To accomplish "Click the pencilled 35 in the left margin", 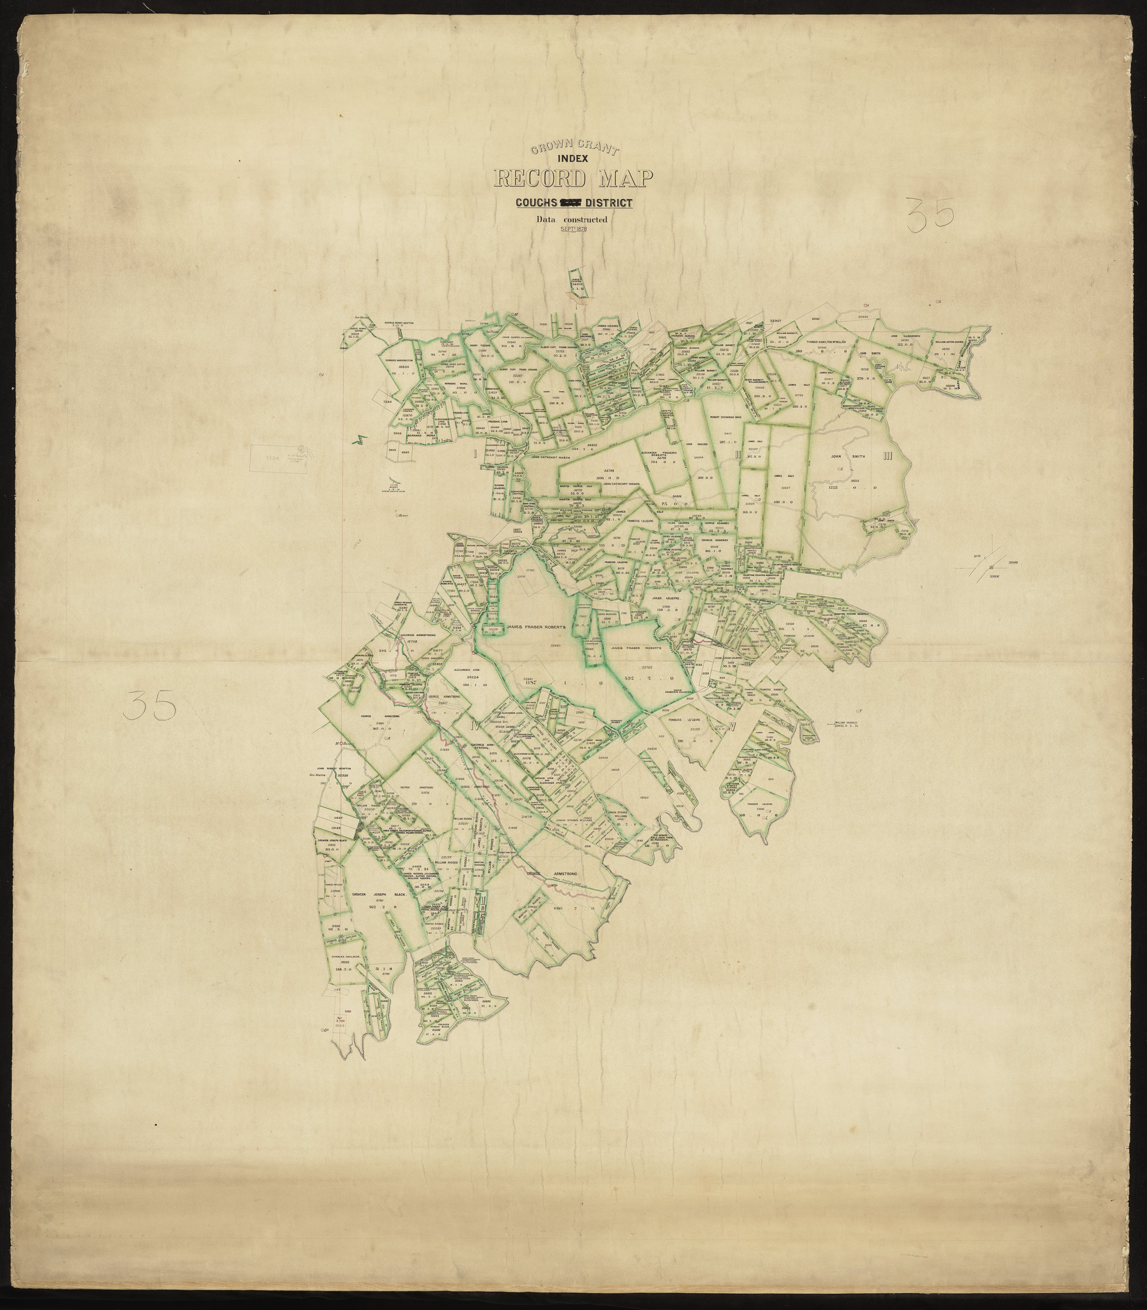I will (151, 706).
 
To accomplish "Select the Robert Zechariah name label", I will (725, 417).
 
